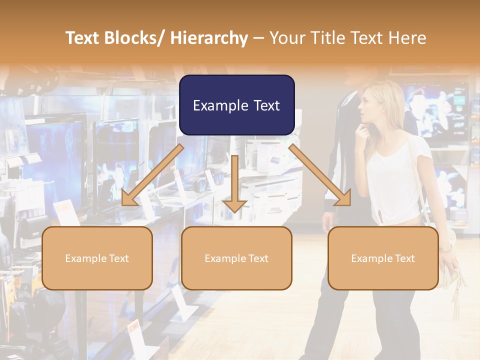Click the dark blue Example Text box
[x=236, y=105]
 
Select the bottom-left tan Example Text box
[x=97, y=258]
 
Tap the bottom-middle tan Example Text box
[x=236, y=258]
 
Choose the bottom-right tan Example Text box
[x=383, y=258]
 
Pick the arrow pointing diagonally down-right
[x=320, y=175]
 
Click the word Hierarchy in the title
[x=209, y=38]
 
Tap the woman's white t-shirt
[x=395, y=180]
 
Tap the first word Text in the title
[x=83, y=38]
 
